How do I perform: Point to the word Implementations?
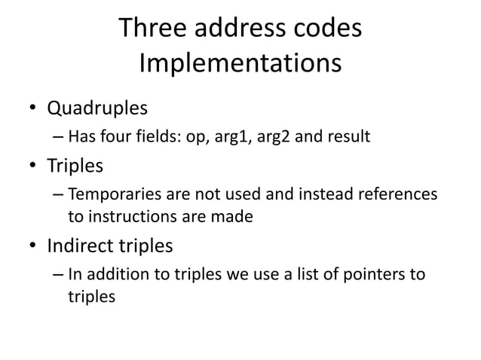pos(240,64)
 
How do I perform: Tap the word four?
pos(113,138)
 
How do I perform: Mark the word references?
pos(397,195)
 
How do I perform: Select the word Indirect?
pos(77,246)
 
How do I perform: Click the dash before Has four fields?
pos(59,138)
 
